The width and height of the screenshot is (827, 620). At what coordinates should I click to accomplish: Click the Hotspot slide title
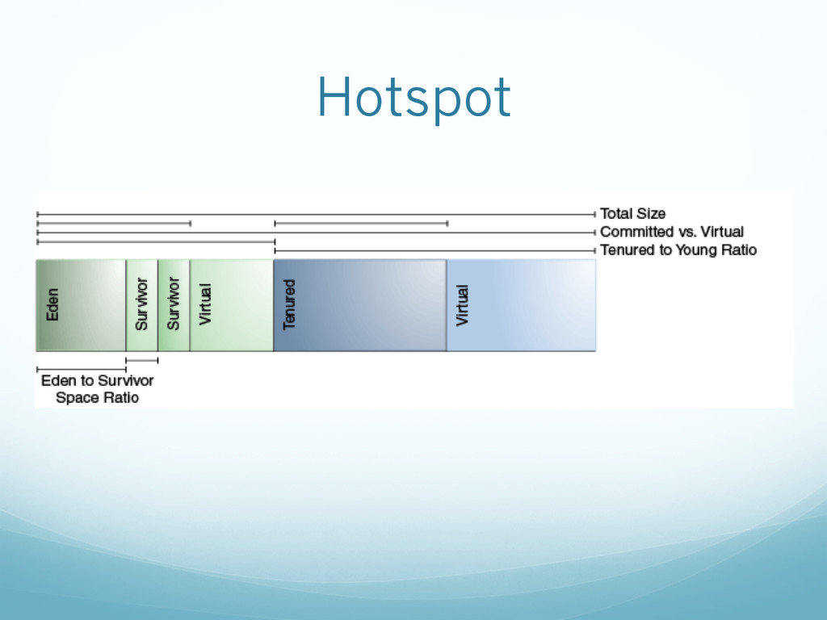pyautogui.click(x=413, y=97)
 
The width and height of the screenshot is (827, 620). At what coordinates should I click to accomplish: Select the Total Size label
pyautogui.click(x=632, y=214)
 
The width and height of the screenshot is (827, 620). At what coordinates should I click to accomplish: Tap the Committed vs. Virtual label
pyautogui.click(x=672, y=232)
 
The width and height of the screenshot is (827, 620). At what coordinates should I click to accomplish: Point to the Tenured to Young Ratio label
pyautogui.click(x=678, y=250)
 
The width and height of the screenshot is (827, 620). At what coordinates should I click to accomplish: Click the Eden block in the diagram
pyautogui.click(x=81, y=305)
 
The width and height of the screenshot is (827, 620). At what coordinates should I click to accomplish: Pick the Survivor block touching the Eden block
pyautogui.click(x=141, y=305)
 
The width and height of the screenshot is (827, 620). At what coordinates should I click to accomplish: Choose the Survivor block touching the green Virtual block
pyautogui.click(x=174, y=305)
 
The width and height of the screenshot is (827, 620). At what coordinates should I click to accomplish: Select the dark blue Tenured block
pyautogui.click(x=359, y=305)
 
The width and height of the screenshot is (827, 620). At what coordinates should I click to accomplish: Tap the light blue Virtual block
pyautogui.click(x=521, y=305)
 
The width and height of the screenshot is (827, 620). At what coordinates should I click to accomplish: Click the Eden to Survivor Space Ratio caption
pyautogui.click(x=97, y=388)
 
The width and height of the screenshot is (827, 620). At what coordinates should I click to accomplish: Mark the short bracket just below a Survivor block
pyautogui.click(x=141, y=360)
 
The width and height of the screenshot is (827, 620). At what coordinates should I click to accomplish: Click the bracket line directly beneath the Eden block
pyautogui.click(x=81, y=369)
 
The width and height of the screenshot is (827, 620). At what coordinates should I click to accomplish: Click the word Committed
pyautogui.click(x=636, y=232)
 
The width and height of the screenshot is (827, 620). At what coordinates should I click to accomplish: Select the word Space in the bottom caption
pyautogui.click(x=73, y=398)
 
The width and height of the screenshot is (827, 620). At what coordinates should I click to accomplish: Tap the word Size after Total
pyautogui.click(x=651, y=214)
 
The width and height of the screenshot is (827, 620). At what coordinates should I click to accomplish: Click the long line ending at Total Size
pyautogui.click(x=315, y=214)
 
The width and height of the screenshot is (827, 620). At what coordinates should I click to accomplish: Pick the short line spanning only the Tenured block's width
pyautogui.click(x=360, y=223)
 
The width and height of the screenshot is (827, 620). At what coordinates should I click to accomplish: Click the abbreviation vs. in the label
pyautogui.click(x=685, y=232)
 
